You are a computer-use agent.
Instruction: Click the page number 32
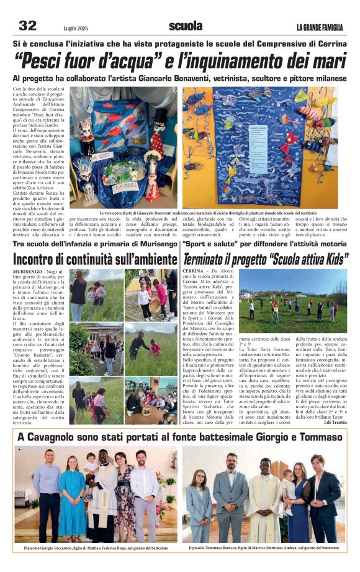pos(27,25)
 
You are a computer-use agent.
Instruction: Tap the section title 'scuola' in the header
pos(186,25)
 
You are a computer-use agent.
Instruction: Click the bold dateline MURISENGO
pos(29,272)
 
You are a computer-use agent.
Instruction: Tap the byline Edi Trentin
pos(334,422)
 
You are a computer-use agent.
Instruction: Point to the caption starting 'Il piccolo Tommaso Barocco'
pos(264,548)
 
